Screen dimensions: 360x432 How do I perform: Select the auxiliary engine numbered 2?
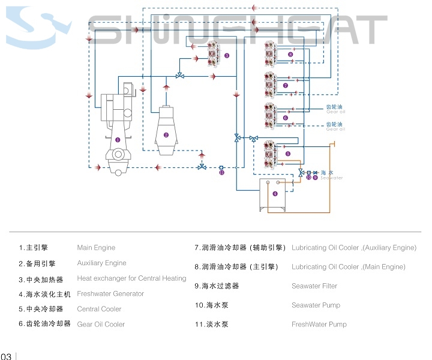(166, 129)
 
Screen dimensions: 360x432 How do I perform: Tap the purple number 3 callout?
(227, 55)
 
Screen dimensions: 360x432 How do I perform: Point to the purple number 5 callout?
(288, 154)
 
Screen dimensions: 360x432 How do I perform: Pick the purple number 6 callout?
(286, 118)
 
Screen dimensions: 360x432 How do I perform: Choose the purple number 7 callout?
(286, 86)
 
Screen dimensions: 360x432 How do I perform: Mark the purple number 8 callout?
(290, 55)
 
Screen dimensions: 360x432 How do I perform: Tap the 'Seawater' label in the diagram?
(332, 178)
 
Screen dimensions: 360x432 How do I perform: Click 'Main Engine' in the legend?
(96, 247)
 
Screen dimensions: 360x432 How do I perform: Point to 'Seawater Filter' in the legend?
(314, 286)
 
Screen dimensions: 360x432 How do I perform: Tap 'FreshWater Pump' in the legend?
(319, 325)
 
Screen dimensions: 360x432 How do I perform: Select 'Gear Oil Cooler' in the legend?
(101, 324)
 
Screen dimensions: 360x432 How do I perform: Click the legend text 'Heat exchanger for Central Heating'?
(131, 278)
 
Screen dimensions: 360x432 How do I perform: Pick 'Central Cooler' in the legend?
(99, 309)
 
